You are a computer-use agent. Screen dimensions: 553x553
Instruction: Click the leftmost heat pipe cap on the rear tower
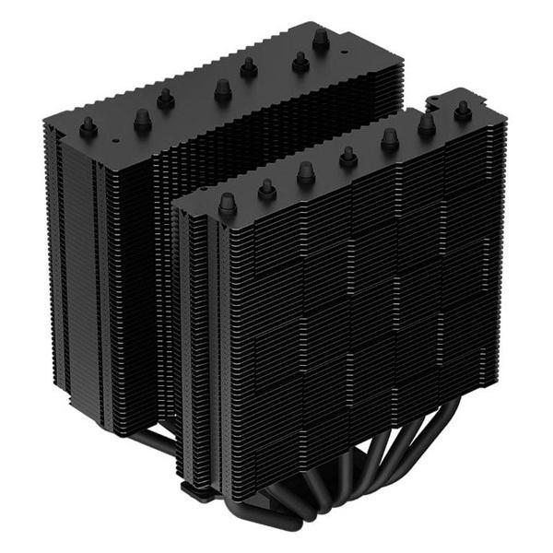[x=88, y=128]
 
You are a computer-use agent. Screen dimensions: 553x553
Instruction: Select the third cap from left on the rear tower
[x=166, y=99]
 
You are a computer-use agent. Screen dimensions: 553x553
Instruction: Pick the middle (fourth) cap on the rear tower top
[x=222, y=89]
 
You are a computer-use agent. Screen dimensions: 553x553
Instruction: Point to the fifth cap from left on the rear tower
[x=248, y=67]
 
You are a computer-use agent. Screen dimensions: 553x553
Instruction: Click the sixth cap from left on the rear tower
[x=300, y=62]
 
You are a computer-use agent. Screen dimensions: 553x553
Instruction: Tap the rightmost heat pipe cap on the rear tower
[x=321, y=40]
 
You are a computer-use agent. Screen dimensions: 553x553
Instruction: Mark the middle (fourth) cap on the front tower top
[x=348, y=157]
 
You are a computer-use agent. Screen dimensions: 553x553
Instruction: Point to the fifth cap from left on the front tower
[x=390, y=139]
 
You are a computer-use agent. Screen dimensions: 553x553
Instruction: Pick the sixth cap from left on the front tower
[x=427, y=124]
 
